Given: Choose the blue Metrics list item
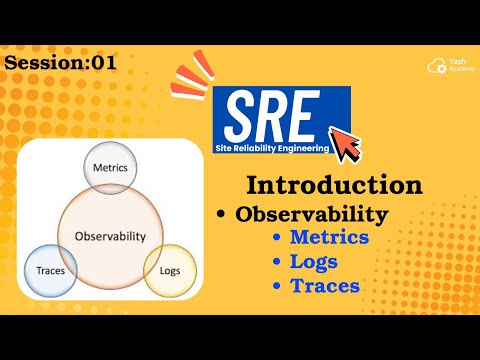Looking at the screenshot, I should click(x=329, y=238).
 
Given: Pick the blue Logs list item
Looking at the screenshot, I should click(x=313, y=262).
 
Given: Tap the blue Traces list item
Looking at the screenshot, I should click(x=324, y=286).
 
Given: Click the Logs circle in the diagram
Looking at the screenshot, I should click(x=170, y=270).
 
